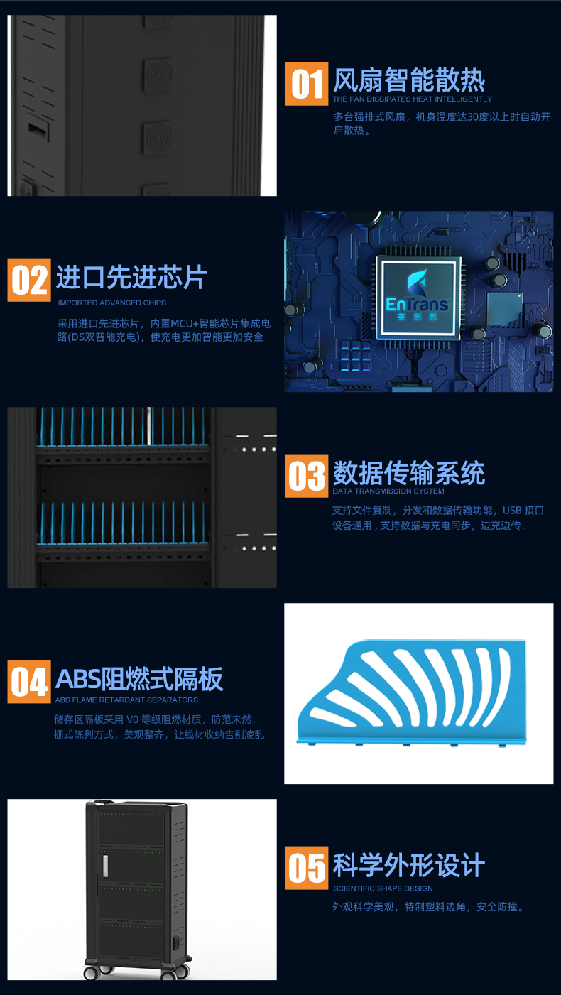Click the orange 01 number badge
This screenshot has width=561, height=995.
[307, 84]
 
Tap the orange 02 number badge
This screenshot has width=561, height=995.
[29, 280]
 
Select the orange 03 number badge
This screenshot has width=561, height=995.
[307, 476]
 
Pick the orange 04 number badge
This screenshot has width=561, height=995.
[29, 681]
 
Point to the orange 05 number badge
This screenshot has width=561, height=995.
[307, 868]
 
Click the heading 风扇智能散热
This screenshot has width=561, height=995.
[409, 80]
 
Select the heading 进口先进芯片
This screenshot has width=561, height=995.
[132, 277]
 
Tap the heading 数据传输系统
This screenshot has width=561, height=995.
[409, 472]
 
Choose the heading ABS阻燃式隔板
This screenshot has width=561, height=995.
[139, 679]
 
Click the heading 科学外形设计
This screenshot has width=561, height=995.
[409, 865]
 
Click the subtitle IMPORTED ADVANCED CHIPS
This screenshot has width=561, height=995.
[112, 303]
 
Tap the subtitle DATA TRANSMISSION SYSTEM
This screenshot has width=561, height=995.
[388, 491]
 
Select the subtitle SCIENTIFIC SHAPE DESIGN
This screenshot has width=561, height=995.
[383, 888]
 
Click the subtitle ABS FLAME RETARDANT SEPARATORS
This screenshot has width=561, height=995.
[126, 700]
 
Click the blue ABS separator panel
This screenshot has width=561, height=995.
[412, 692]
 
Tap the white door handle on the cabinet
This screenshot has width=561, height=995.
[105, 866]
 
